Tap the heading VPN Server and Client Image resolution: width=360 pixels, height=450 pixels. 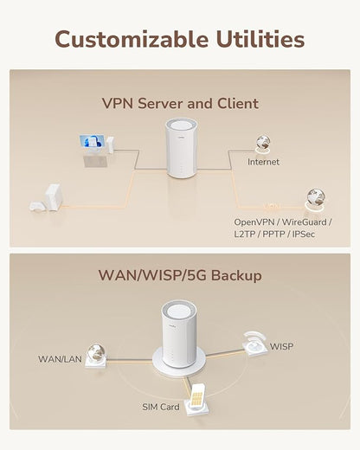180,103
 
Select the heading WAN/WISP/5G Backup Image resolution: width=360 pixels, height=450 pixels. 180,276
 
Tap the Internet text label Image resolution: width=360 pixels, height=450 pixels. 264,162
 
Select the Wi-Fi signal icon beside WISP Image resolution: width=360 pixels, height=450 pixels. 254,340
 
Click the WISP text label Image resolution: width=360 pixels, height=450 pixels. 282,346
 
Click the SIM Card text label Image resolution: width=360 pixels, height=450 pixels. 161,406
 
